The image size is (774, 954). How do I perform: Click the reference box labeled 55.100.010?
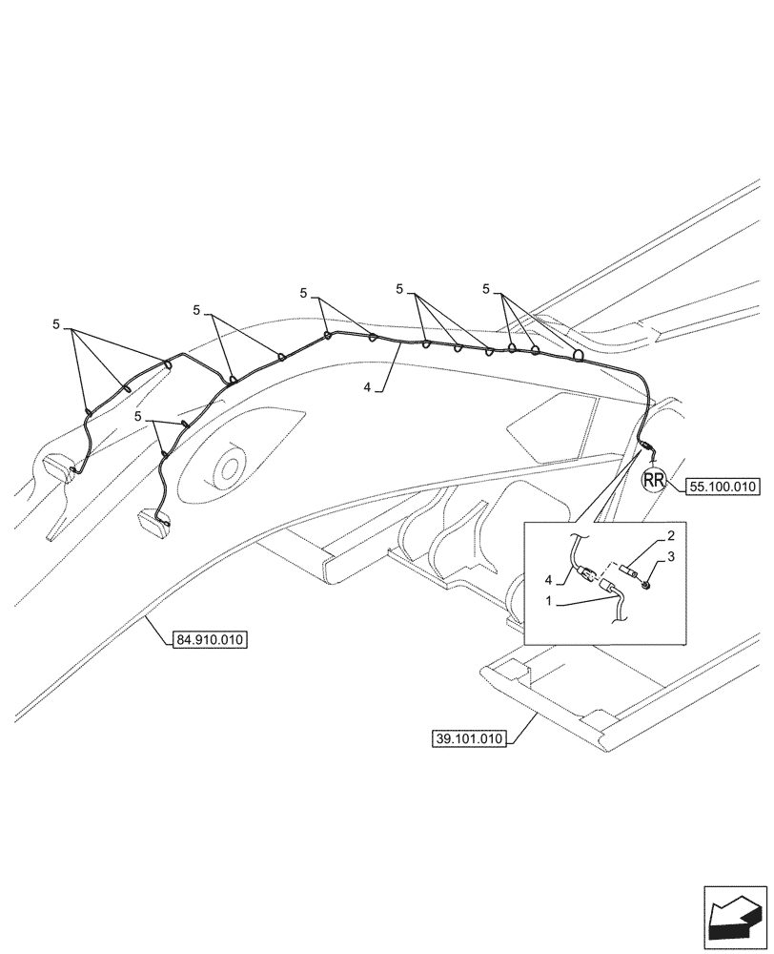point(721,487)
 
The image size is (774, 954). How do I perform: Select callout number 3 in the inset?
point(671,556)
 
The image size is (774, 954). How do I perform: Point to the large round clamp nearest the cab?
point(579,356)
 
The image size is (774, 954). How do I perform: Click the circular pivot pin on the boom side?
point(228,468)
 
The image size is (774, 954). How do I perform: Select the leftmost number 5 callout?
point(56,325)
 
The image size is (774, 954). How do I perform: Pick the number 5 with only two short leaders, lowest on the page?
point(140,417)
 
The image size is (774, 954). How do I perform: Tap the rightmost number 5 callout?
point(487,288)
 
